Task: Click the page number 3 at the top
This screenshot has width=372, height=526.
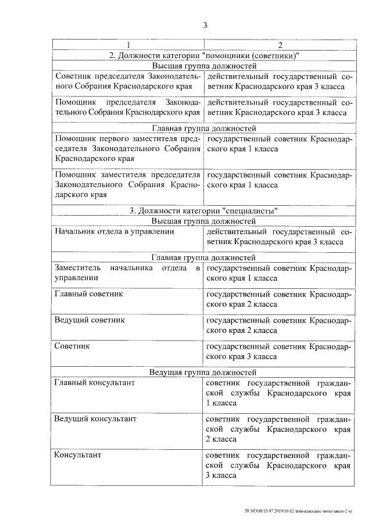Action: pos(205,25)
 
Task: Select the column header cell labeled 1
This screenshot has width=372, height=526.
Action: pos(127,45)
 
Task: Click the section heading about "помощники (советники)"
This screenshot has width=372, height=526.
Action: pos(203,56)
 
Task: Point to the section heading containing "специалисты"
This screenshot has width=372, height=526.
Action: pos(203,210)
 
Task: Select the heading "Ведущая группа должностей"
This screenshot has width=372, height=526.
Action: pos(203,371)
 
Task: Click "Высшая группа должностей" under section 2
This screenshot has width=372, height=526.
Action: pos(203,66)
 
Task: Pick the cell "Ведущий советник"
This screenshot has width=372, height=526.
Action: pos(90,320)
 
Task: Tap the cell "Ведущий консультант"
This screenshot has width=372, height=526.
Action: pos(95,418)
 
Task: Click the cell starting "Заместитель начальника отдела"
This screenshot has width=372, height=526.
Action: pos(127,273)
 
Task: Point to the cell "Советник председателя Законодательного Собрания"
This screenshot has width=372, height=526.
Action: pos(127,82)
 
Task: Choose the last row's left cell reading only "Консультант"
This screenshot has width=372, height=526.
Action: pos(78,455)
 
